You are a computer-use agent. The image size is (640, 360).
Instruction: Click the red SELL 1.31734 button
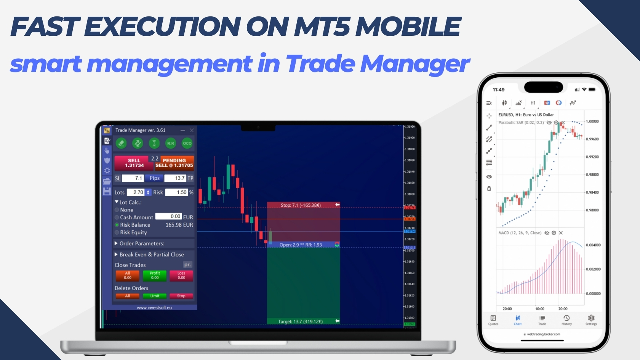pos(134,163)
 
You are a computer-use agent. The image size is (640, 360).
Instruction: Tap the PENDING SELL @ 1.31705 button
pos(174,163)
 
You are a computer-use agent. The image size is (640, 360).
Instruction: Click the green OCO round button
pos(187,143)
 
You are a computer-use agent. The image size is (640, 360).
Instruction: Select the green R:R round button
pos(170,143)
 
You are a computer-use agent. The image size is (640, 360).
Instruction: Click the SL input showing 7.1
pos(133,178)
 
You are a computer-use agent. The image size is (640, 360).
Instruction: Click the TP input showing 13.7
pos(175,178)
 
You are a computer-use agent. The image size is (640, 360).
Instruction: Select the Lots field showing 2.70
pos(136,192)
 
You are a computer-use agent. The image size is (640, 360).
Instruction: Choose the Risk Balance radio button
pos(117,225)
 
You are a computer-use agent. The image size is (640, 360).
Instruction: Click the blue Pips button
pos(154,178)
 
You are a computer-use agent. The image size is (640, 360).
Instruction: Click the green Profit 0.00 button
pos(155,275)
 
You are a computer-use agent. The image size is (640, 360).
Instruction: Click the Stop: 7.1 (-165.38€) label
pos(301,205)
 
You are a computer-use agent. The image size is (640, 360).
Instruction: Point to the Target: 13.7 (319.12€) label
pos(300,322)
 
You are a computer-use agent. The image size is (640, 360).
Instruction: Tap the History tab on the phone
pos(566,320)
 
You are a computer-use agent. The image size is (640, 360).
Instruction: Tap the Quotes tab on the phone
pos(493,320)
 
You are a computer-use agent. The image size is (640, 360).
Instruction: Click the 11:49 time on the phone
pos(498,90)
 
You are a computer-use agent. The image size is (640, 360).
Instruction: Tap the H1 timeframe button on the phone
pos(533,103)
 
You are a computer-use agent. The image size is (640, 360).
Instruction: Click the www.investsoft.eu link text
pos(154,307)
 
